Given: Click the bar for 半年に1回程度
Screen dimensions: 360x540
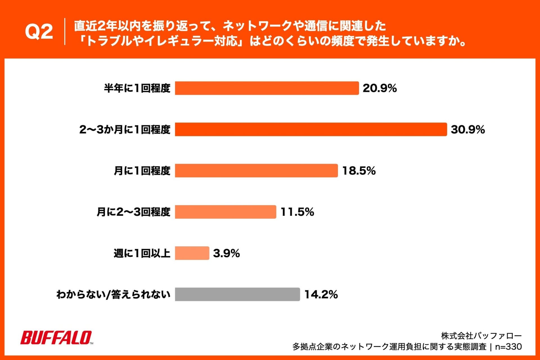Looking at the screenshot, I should point(267,88).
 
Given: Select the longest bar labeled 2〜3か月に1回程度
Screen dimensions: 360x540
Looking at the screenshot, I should point(311,129).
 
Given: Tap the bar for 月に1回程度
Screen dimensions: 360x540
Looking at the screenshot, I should point(256,170).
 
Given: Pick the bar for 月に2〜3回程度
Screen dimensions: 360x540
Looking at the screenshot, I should point(225,212).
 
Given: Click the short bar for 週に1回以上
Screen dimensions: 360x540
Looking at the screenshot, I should point(192,253).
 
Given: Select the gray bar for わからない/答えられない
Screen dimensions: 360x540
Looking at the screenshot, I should point(237,294).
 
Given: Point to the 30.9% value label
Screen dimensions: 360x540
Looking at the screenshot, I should point(468,129).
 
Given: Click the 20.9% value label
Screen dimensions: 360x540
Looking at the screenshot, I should point(379,88).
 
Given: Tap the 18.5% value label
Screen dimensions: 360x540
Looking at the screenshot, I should point(359,170).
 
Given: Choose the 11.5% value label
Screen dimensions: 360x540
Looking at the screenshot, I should point(297,212).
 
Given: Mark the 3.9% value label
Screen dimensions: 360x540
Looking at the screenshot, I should point(226,253).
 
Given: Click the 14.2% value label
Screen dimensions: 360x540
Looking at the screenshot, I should point(321,294).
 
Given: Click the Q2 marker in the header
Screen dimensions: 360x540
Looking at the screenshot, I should point(39,31).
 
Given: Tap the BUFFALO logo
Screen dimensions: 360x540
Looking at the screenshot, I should point(56,337).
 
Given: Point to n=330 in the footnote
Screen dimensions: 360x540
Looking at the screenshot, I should point(508,346).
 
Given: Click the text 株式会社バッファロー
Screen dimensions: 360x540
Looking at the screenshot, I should point(481,336).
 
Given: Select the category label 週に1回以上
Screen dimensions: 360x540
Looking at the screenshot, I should point(142,253).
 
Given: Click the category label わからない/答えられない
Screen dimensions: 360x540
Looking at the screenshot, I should point(113,294).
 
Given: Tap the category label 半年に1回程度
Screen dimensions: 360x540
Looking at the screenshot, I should point(137,88).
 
